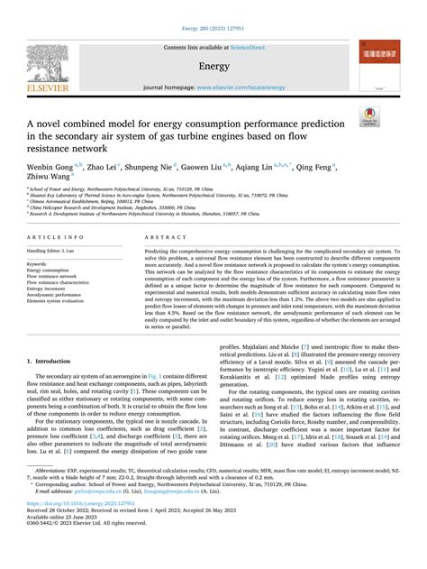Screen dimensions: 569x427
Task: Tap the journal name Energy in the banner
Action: coord(213,66)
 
